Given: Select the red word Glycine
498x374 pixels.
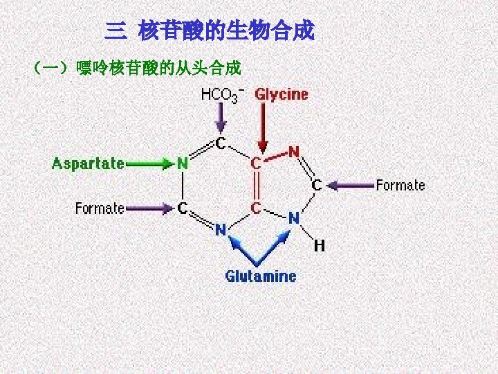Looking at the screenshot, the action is click(282, 94).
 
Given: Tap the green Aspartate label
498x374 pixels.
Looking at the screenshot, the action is click(89, 164).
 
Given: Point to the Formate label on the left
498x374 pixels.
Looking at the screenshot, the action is click(100, 208).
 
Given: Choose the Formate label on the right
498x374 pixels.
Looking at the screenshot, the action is click(400, 185).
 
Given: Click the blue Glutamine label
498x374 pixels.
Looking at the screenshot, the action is click(261, 276).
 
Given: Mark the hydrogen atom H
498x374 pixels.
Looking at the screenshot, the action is click(319, 245).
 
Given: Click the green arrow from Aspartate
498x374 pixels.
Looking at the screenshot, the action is click(148, 164).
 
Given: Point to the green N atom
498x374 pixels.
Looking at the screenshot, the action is click(183, 164).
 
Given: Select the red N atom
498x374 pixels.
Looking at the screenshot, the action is click(294, 151).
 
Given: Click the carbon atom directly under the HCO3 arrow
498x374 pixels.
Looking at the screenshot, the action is click(220, 143).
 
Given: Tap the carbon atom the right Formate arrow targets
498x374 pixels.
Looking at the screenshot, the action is click(316, 185).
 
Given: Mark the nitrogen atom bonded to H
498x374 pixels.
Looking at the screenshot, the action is click(294, 218).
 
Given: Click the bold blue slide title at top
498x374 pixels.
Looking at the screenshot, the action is click(210, 30).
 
